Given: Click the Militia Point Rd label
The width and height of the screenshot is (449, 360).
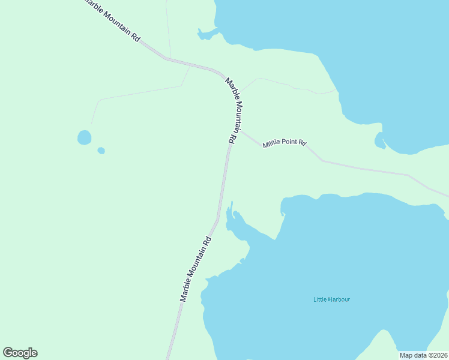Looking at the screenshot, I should [x=285, y=144].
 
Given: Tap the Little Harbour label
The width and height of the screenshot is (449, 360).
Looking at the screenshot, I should [x=331, y=299].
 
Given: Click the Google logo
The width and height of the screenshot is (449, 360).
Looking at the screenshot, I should [x=20, y=353].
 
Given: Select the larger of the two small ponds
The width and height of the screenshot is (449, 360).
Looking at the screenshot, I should [x=84, y=137].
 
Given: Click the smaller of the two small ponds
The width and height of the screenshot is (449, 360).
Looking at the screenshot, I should [x=101, y=151].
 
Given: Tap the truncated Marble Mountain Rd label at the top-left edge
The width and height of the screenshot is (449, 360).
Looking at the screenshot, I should [x=112, y=20].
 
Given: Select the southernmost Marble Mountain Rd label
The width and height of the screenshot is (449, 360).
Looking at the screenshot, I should [x=196, y=268].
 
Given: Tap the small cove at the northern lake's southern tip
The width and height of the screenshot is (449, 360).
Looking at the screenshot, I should [x=379, y=141].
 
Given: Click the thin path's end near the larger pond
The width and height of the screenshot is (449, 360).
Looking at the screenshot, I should [x=92, y=123].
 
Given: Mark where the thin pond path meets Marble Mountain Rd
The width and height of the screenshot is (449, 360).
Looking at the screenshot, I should [x=190, y=65].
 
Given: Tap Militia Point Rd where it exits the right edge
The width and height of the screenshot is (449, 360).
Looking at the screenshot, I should [x=447, y=196].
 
